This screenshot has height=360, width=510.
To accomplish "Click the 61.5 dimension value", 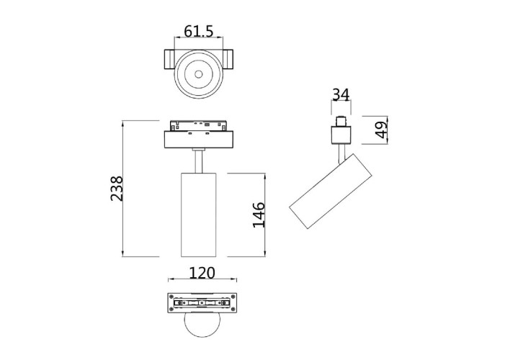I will click(198, 31).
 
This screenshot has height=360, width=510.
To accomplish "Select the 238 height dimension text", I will click(116, 188).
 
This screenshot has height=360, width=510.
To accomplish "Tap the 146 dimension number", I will click(259, 215).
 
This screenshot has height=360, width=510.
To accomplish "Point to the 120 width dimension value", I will click(202, 273).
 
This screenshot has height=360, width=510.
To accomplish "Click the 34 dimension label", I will click(341, 94).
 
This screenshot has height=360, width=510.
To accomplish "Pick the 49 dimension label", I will click(381, 130).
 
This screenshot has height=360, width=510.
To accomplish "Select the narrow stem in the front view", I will click(198, 160).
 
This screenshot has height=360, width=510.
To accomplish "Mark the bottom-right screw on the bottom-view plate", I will click(232, 310).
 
